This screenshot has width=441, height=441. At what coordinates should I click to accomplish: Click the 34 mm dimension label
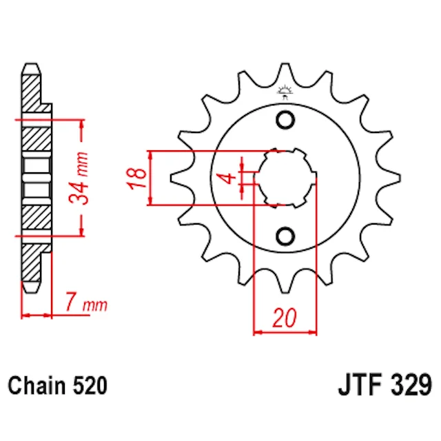coord(79,178)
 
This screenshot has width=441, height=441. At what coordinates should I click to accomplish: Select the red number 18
coord(136,178)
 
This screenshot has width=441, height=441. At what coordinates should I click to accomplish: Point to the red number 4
coord(229,178)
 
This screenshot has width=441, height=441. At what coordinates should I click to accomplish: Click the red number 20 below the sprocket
coord(285,318)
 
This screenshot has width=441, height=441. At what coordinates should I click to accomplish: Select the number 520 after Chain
coord(90,385)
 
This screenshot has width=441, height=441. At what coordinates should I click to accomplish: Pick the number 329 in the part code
coord(411,385)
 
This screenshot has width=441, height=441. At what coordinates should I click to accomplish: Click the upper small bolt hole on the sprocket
coord(285,120)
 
